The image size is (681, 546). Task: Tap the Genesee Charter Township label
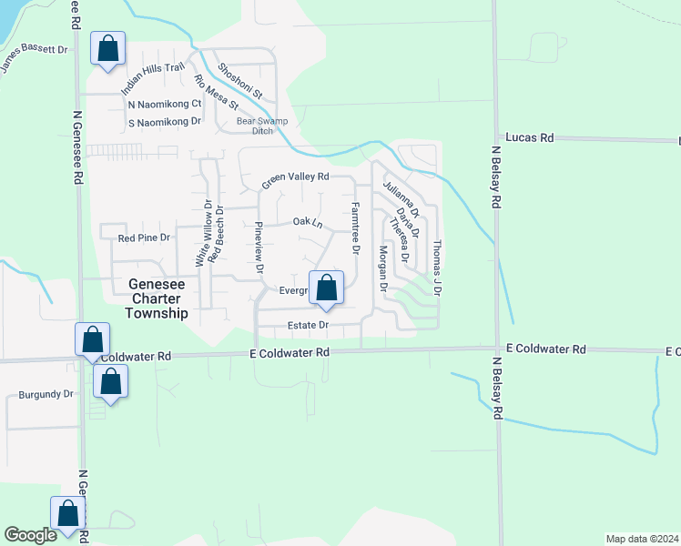[x=151, y=298]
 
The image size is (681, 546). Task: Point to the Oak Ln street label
[x=308, y=223]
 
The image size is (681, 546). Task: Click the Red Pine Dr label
[x=145, y=238]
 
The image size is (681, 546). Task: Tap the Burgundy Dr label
[x=46, y=395]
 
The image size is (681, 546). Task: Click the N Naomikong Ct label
[x=164, y=104]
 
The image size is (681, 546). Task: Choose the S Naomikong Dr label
[x=164, y=121]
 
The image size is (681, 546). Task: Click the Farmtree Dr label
[x=356, y=227]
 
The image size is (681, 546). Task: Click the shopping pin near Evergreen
[x=327, y=288]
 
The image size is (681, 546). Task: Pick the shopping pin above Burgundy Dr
[x=92, y=340]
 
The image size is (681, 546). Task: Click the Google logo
[x=31, y=535]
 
